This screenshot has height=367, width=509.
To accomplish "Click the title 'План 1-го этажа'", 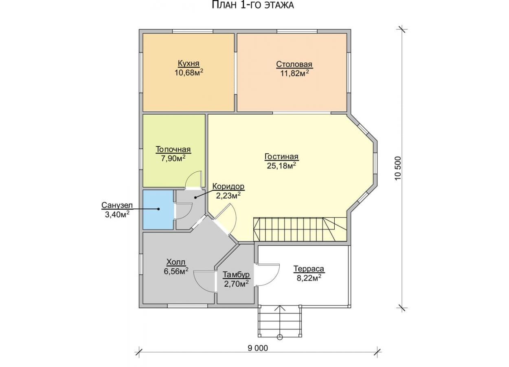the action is [x=253, y=5].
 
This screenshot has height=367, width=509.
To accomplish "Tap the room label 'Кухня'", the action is [x=189, y=64].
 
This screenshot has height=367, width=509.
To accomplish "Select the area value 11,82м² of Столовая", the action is [x=294, y=73].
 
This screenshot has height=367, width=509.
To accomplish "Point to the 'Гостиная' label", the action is [x=281, y=157].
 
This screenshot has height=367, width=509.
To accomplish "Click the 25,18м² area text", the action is [x=281, y=166].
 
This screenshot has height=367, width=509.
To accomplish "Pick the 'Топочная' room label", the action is [x=173, y=150].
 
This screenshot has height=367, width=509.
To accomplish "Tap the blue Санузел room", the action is [x=158, y=210].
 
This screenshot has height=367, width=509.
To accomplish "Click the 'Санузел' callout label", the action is [x=117, y=205].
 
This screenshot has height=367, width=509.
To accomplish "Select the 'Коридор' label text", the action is [x=228, y=186].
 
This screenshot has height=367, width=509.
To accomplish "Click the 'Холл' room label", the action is [x=176, y=262].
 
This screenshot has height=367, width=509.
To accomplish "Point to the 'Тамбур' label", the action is [x=236, y=275].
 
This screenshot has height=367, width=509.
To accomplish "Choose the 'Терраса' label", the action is [x=309, y=269].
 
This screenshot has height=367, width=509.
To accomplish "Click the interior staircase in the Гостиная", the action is [x=300, y=229].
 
